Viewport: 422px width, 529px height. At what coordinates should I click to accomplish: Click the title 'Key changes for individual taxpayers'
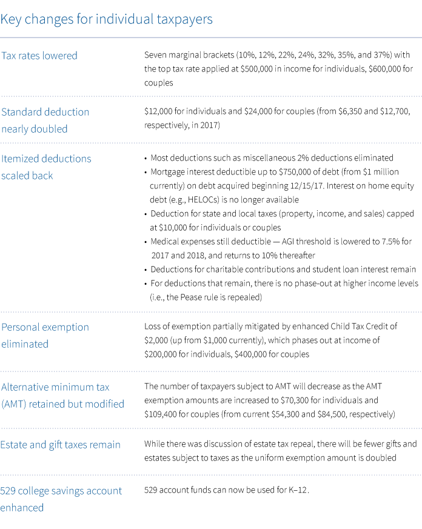[x=106, y=19]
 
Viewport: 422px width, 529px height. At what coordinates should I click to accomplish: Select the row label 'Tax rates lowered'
[x=39, y=56]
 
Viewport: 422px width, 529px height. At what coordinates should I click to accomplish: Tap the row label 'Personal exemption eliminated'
[x=45, y=335]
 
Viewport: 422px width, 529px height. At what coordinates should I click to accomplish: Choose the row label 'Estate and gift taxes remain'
[x=61, y=445]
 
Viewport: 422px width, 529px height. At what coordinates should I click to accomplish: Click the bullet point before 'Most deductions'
[x=146, y=158]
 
